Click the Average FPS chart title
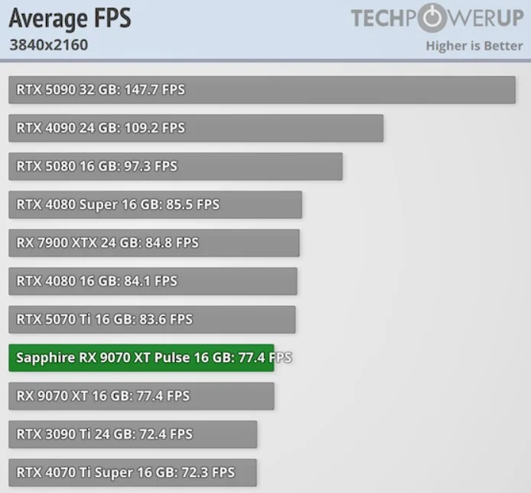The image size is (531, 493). coord(70,18)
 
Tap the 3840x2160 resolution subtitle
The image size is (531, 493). coord(48,44)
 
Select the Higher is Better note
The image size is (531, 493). coord(474,45)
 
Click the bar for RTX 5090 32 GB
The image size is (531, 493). coord(262,90)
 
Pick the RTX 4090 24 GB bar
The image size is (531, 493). coord(196,128)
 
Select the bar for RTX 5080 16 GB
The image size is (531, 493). coord(175,166)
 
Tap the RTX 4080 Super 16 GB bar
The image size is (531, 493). coord(155,204)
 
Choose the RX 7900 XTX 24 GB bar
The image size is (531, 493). coord(154,243)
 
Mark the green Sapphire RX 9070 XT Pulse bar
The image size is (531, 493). coord(141,358)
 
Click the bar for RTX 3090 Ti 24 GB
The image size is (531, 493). coord(132,434)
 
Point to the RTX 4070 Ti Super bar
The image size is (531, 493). coord(132,472)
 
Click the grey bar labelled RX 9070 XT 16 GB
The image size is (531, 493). coord(141,396)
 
